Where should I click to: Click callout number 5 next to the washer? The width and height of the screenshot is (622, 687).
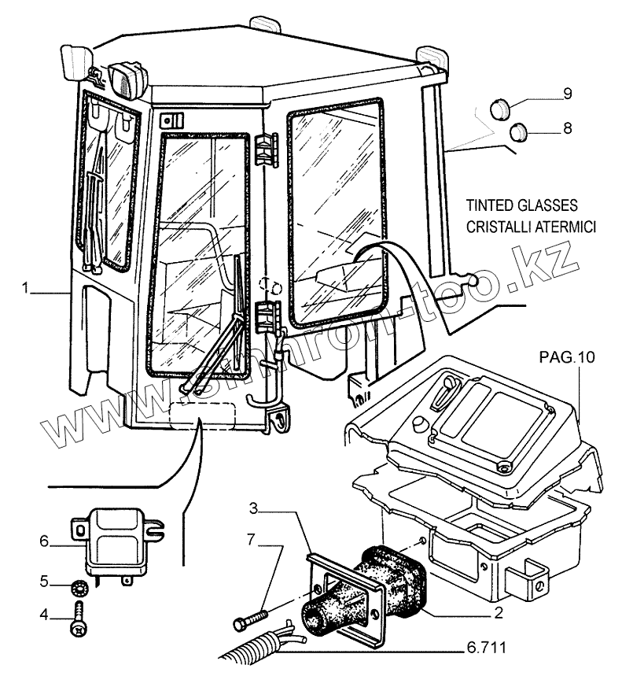click(x=46, y=582)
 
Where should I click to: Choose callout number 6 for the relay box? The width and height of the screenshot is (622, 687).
click(x=45, y=541)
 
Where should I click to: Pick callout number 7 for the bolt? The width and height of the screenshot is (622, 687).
click(x=251, y=540)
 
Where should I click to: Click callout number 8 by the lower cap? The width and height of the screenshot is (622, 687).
click(x=567, y=126)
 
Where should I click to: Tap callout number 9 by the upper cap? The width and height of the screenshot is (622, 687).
click(x=567, y=94)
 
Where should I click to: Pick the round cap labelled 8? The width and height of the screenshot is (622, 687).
click(x=517, y=134)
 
